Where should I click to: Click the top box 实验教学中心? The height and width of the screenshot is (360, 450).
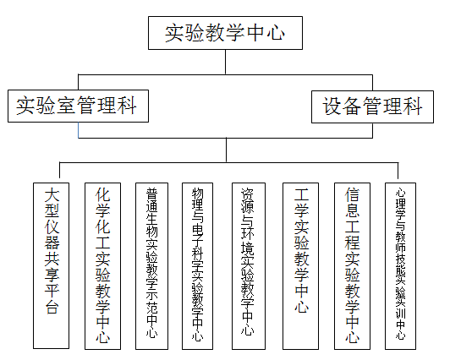[x=225, y=33]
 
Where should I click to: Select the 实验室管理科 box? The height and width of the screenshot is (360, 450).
[x=78, y=106]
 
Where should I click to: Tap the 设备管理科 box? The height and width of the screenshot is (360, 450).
[x=372, y=107]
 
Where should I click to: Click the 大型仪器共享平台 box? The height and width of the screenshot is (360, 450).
[x=51, y=265]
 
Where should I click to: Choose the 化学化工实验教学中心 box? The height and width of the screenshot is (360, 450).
[x=102, y=266]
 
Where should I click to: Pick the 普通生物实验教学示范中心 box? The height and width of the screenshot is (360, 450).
[x=151, y=266]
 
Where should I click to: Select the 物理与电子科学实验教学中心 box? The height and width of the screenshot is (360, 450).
[x=197, y=266]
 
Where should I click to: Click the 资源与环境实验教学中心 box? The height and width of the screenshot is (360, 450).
[x=249, y=266]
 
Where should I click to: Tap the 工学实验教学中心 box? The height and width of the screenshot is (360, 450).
[x=301, y=266]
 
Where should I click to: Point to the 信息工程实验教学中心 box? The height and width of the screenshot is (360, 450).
[x=352, y=266]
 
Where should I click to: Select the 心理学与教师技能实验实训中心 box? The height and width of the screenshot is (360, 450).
[x=400, y=266]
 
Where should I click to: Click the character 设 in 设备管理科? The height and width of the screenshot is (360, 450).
[x=332, y=106]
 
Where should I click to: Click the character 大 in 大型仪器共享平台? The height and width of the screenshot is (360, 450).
[x=52, y=195]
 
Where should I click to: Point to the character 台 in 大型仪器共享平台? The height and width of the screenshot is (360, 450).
[x=52, y=306]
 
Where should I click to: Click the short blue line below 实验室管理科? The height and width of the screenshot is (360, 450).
[x=79, y=130]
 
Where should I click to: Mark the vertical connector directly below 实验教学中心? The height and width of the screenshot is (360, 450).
[x=226, y=63]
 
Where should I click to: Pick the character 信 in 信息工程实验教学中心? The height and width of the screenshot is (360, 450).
[x=353, y=195]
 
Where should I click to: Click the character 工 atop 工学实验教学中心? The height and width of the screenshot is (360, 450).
[x=301, y=195]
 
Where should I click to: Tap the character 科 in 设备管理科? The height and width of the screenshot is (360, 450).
[x=413, y=106]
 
